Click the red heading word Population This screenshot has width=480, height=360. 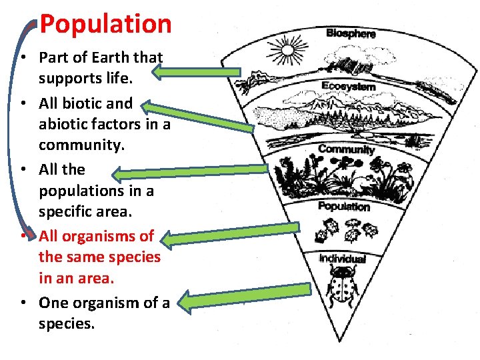tap(105, 24)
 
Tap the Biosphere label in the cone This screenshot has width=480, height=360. tap(351, 33)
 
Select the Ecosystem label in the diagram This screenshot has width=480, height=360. tap(348, 86)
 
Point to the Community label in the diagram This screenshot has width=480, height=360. tap(347, 149)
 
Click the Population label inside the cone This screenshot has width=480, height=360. tap(344, 206)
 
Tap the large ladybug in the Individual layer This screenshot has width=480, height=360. tap(343, 287)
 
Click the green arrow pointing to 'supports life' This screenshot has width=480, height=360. tap(201, 70)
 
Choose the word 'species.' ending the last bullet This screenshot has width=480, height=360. tap(67, 323)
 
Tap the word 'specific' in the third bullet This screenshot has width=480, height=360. tap(65, 211)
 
